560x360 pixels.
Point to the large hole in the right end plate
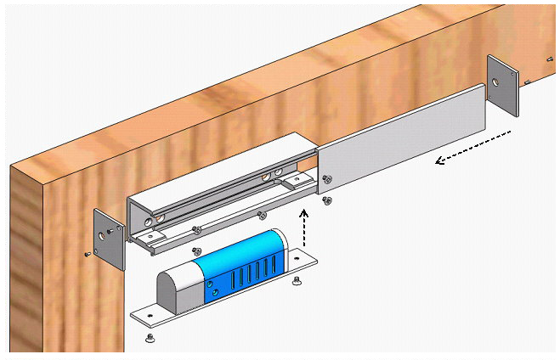click(495, 82)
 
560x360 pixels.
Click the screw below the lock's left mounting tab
click(150, 338)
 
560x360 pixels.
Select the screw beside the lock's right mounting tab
click(296, 281)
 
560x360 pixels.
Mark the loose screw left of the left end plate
click(88, 253)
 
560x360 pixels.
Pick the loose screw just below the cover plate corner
click(327, 200)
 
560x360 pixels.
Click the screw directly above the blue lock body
click(196, 251)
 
